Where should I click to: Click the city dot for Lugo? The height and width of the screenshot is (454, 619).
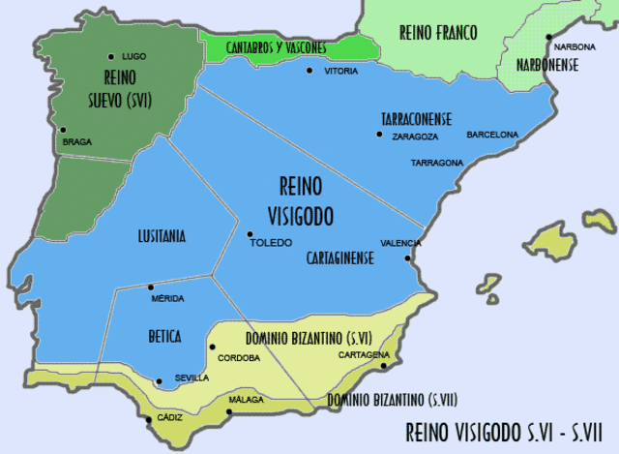[x=112, y=57]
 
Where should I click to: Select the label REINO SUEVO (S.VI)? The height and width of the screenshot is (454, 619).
[x=131, y=86]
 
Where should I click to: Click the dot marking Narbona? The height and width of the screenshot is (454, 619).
[x=548, y=38]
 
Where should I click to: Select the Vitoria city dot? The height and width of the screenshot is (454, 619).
[x=309, y=71]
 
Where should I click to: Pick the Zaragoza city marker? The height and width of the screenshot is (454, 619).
[x=380, y=133]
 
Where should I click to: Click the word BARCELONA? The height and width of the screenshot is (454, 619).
[x=492, y=135]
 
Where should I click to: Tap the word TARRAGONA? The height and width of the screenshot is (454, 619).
[x=436, y=163]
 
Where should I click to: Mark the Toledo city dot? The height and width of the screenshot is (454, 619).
[x=250, y=233]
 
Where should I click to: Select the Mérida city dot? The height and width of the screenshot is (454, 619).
[x=150, y=288]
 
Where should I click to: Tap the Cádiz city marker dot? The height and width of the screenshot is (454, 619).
[x=148, y=418]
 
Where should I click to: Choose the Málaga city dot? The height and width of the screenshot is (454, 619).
[x=229, y=411]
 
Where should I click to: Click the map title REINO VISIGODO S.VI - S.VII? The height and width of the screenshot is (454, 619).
[x=505, y=431]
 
